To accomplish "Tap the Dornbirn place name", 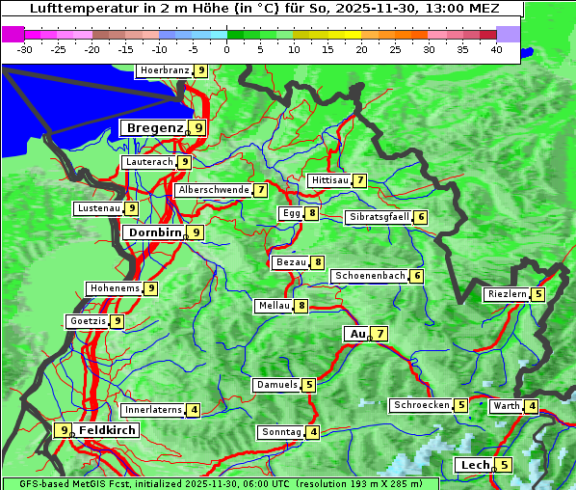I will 153,232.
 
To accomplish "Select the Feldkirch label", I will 107,430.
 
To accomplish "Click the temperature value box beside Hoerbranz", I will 200,70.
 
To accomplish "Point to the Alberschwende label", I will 213,190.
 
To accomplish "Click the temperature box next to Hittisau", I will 359,180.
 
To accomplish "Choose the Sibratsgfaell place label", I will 379,217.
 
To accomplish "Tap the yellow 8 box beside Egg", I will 312,213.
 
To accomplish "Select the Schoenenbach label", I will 369,276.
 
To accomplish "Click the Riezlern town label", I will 507,294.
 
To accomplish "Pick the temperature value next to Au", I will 380,334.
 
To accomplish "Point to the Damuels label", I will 276,385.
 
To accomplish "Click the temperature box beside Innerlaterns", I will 194,410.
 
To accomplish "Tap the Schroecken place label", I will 421,405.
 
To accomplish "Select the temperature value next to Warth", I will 532,406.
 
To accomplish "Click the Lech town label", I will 475,465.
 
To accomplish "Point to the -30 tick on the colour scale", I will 25,49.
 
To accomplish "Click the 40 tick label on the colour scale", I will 496,49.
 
